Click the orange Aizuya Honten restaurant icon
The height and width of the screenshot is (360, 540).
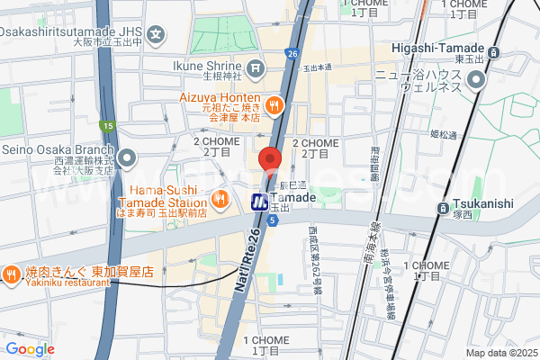click(x=275, y=105)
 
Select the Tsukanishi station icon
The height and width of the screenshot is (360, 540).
click(x=443, y=209)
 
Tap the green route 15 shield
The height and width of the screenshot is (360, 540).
click(x=107, y=125)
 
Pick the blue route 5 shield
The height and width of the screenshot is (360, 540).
click(x=272, y=220)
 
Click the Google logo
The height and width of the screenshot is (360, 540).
click(x=30, y=349)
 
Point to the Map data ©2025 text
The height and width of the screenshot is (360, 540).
click(x=500, y=352)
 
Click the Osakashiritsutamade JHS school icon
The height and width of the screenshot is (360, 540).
click(x=157, y=37)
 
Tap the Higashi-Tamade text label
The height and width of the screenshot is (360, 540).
click(x=437, y=49)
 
